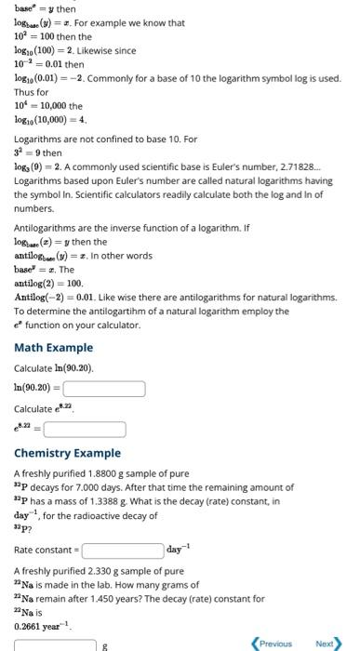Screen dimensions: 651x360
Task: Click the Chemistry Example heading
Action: (x=68, y=453)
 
